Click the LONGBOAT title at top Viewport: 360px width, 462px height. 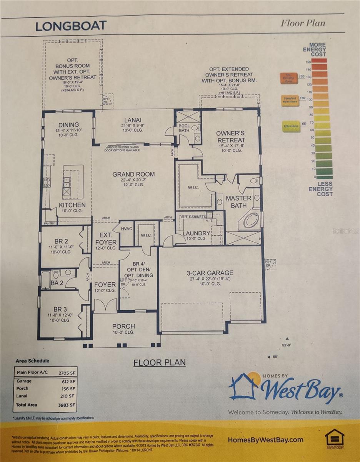pos(71,26)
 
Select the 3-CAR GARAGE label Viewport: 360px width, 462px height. pos(210,273)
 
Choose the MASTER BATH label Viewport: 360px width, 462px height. pos(238,201)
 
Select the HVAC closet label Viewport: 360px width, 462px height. pos(126,229)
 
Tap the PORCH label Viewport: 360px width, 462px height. pos(123,326)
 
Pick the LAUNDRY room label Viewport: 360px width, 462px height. pos(196,233)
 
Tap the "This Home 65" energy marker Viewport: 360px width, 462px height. pos(290,126)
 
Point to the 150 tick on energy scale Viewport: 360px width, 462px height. pos(308,62)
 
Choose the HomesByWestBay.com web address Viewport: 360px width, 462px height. pos(265,440)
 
